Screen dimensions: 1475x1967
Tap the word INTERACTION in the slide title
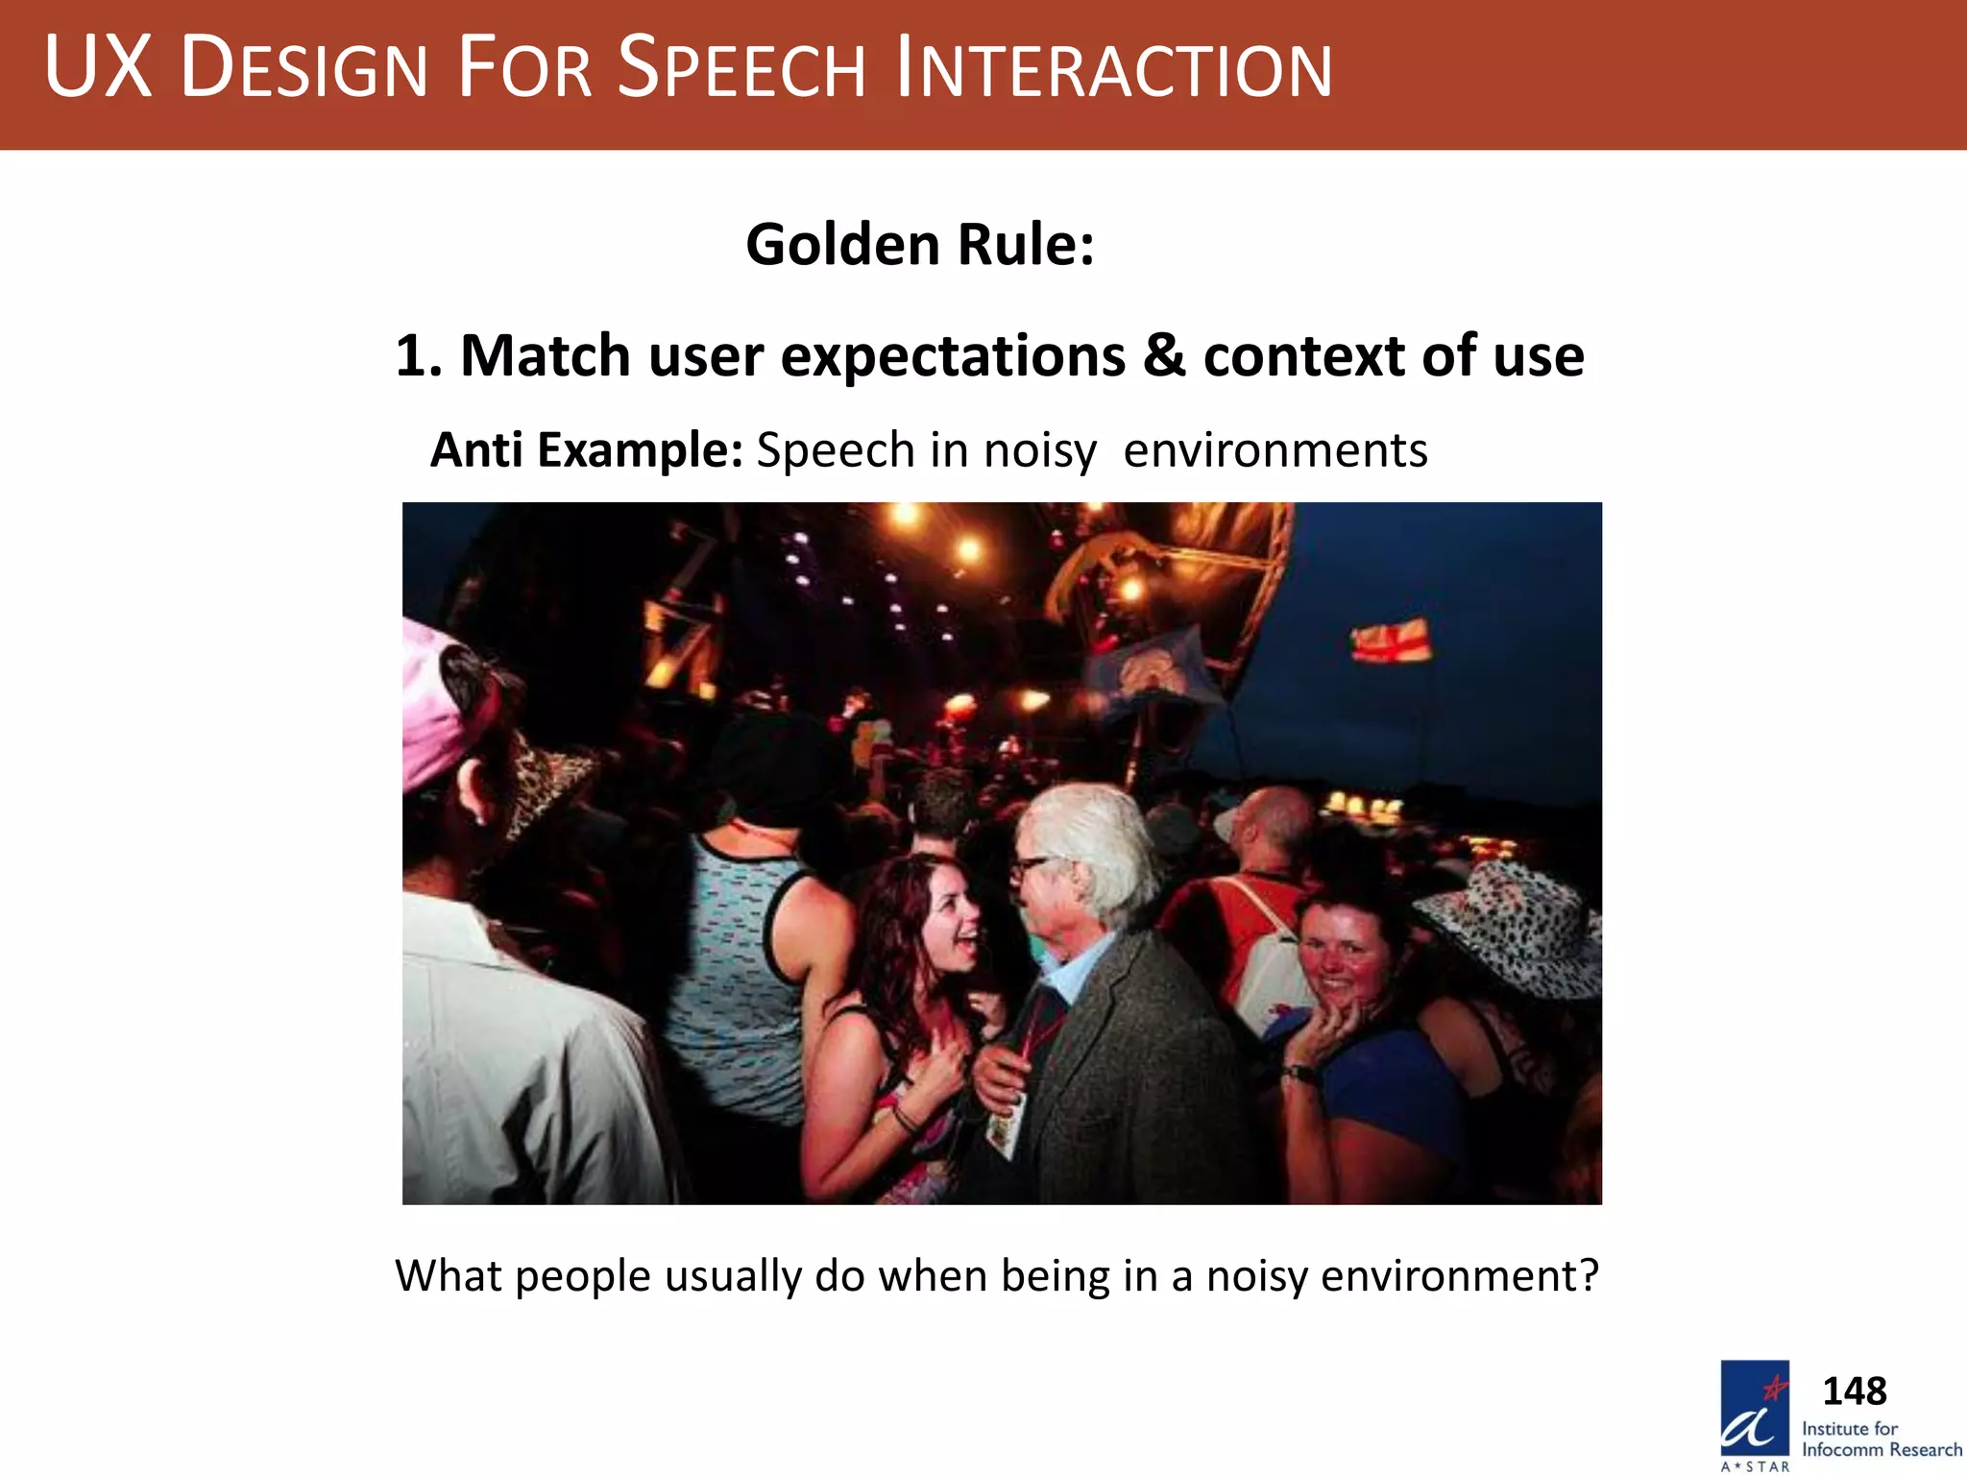(x=1113, y=69)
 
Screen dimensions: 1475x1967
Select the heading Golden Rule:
(x=919, y=244)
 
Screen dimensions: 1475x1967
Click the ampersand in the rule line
(x=1164, y=356)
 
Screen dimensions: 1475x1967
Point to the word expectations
(x=953, y=356)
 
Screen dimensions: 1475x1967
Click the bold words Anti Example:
(x=586, y=449)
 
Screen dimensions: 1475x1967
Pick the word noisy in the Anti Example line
(x=1040, y=450)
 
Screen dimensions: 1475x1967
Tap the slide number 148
(x=1854, y=1390)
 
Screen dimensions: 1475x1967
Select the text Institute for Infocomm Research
(x=1881, y=1439)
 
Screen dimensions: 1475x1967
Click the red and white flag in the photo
(x=1391, y=641)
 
